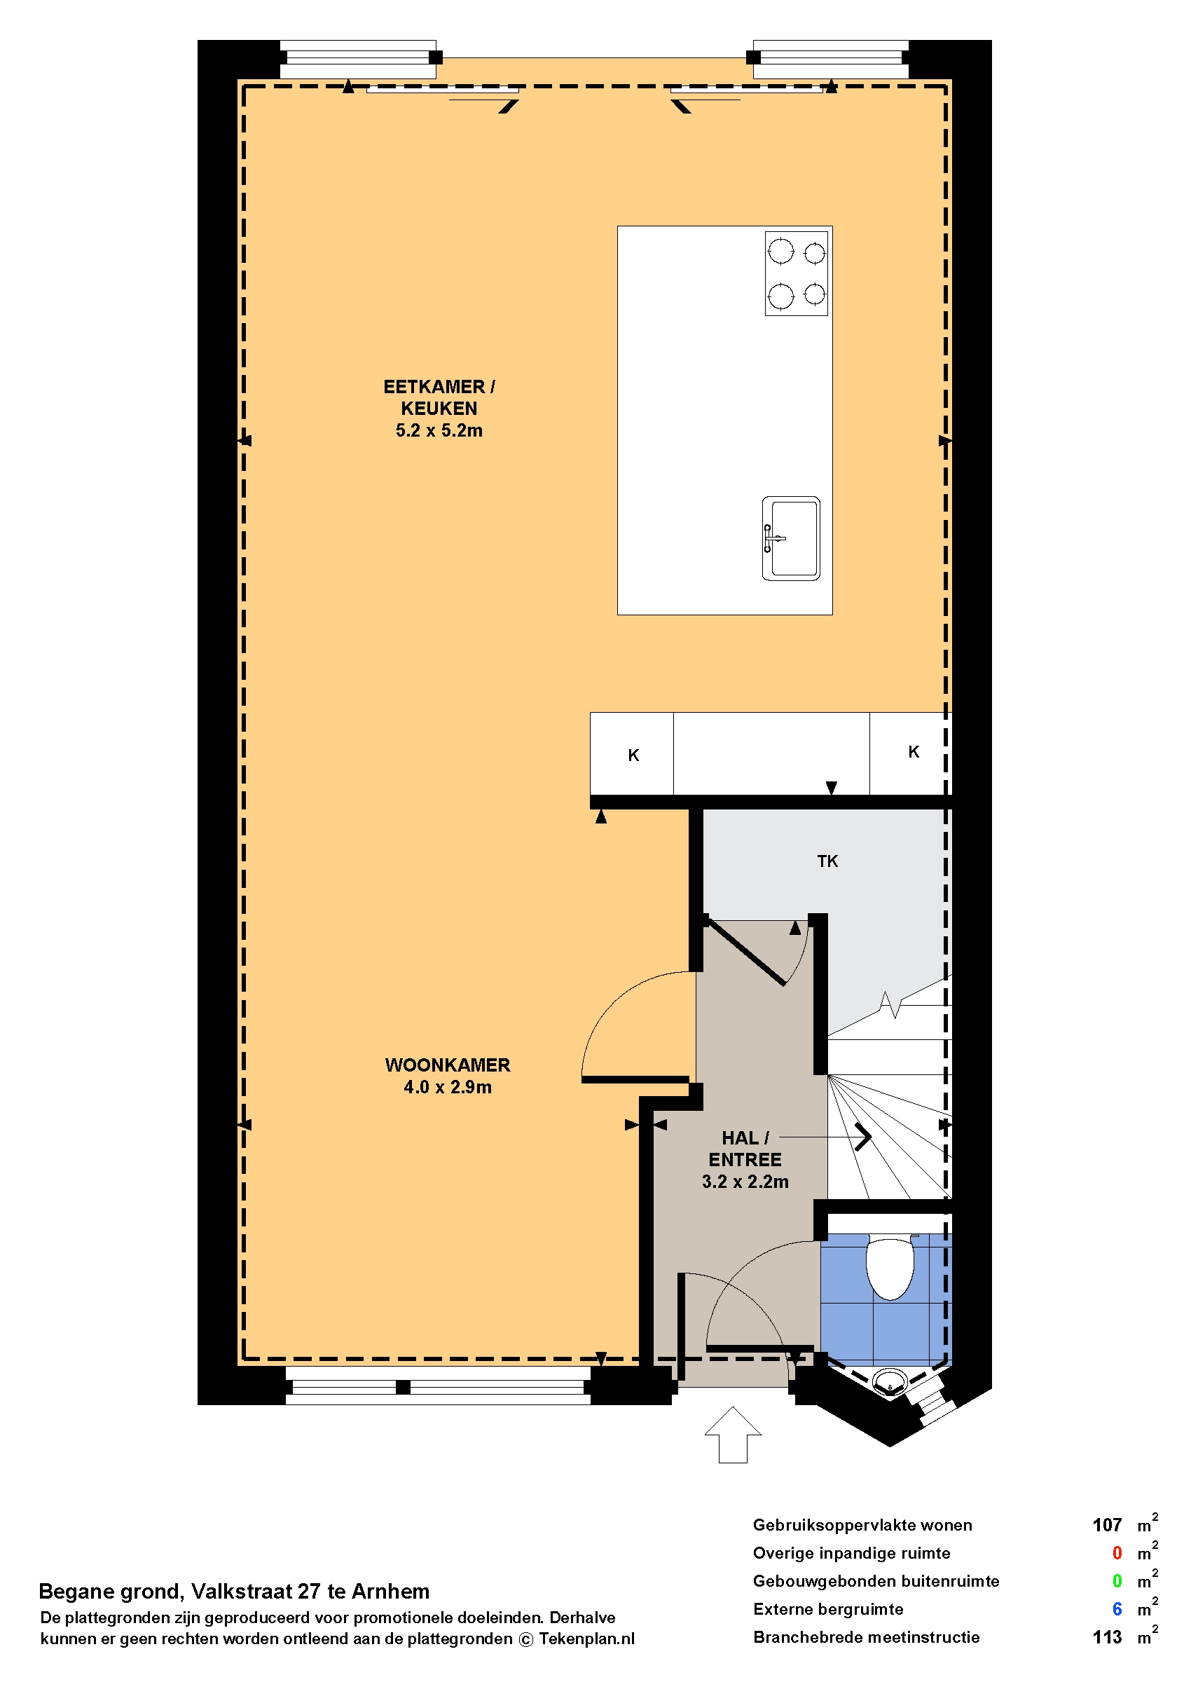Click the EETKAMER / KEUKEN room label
[x=439, y=397]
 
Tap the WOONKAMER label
[x=448, y=1065]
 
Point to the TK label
[x=827, y=861]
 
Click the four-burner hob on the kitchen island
[x=796, y=273]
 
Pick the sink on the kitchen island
[x=790, y=538]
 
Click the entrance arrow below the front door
[x=733, y=1434]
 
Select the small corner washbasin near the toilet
[x=889, y=1381]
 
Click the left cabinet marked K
[x=631, y=753]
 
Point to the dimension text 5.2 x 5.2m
[x=439, y=430]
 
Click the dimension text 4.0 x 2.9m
[x=448, y=1087]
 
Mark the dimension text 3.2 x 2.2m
[x=745, y=1182]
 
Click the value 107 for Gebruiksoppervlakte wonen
[x=1107, y=1525]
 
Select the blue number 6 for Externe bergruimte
[x=1117, y=1608]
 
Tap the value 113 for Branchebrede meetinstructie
[x=1107, y=1636]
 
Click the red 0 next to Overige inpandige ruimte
[x=1117, y=1553]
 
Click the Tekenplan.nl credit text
[x=586, y=1639]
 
